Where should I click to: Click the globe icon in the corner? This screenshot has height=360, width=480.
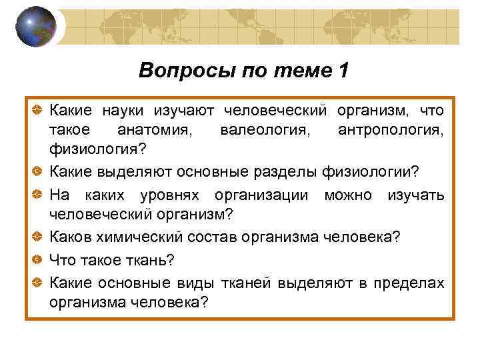point(36,26)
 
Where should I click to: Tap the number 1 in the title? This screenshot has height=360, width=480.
point(343,71)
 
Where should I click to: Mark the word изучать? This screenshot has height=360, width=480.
point(416,194)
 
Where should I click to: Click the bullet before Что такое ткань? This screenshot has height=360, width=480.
point(40,260)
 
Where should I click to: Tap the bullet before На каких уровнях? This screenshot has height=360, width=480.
point(40,194)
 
